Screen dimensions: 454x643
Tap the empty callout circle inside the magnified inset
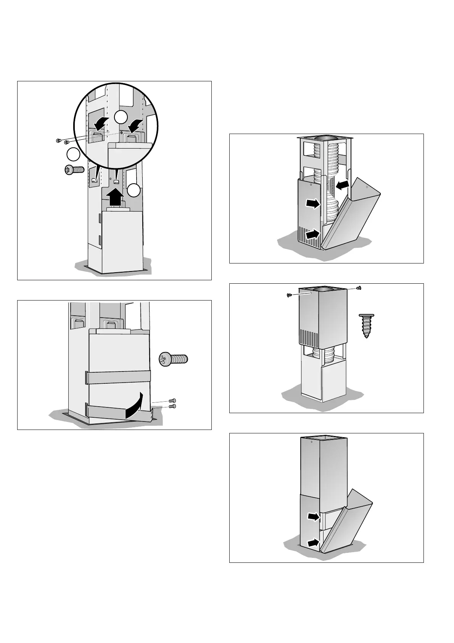pyautogui.click(x=121, y=117)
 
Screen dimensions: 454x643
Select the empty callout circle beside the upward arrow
pyautogui.click(x=134, y=190)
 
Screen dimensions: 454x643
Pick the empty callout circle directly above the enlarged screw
pyautogui.click(x=73, y=155)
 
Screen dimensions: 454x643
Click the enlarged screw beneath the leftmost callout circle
pyautogui.click(x=74, y=170)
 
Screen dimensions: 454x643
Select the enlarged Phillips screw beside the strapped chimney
pyautogui.click(x=174, y=359)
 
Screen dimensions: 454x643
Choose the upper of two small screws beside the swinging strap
pyautogui.click(x=172, y=401)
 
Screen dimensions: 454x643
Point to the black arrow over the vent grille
pyautogui.click(x=312, y=233)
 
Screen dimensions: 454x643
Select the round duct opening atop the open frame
pyautogui.click(x=326, y=137)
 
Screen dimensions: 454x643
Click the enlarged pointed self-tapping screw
pyautogui.click(x=367, y=325)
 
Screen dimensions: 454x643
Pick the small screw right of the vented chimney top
pyautogui.click(x=359, y=288)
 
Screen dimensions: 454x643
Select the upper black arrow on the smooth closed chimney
pyautogui.click(x=313, y=517)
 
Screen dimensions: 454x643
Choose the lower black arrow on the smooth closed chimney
pyautogui.click(x=313, y=542)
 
